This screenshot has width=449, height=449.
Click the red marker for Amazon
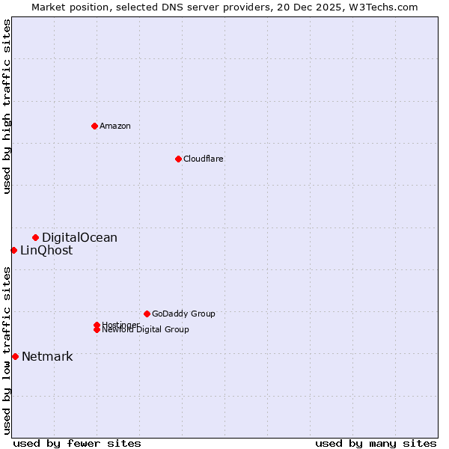point(94,126)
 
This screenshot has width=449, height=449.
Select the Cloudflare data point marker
point(178,159)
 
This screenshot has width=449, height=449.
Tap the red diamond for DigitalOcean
point(35,237)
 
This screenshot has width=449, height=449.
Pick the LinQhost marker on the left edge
point(13,250)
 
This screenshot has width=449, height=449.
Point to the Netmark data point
point(15,356)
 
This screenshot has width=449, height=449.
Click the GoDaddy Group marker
point(147,314)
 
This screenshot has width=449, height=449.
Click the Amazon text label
point(115,126)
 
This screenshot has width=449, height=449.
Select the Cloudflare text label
point(204,159)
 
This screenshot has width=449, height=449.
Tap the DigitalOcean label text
point(79,238)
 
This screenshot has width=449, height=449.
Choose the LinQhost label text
point(46,251)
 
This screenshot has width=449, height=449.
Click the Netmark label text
point(47,357)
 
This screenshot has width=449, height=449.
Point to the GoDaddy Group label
point(183,314)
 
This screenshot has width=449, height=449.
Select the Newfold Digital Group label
point(146,329)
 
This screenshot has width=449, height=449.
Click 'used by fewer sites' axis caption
point(77,443)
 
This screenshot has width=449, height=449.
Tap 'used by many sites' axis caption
point(376,443)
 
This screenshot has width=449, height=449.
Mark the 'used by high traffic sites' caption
point(7,106)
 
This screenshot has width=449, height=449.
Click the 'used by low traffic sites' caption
point(7,350)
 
